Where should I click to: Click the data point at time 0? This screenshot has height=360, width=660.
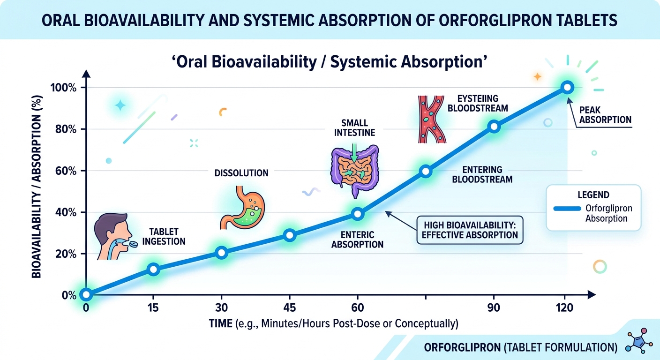tap(85, 294)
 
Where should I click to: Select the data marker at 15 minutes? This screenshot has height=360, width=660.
tap(153, 269)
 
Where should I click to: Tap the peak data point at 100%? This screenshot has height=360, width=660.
tap(567, 87)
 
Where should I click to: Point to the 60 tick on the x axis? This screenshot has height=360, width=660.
tap(357, 308)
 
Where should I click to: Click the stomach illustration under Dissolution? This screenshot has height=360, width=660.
tap(240, 206)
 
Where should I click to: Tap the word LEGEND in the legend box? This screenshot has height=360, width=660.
tap(593, 195)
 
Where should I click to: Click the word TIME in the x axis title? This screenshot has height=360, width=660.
tap(220, 323)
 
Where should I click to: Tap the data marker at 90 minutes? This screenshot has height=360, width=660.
tap(494, 127)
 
